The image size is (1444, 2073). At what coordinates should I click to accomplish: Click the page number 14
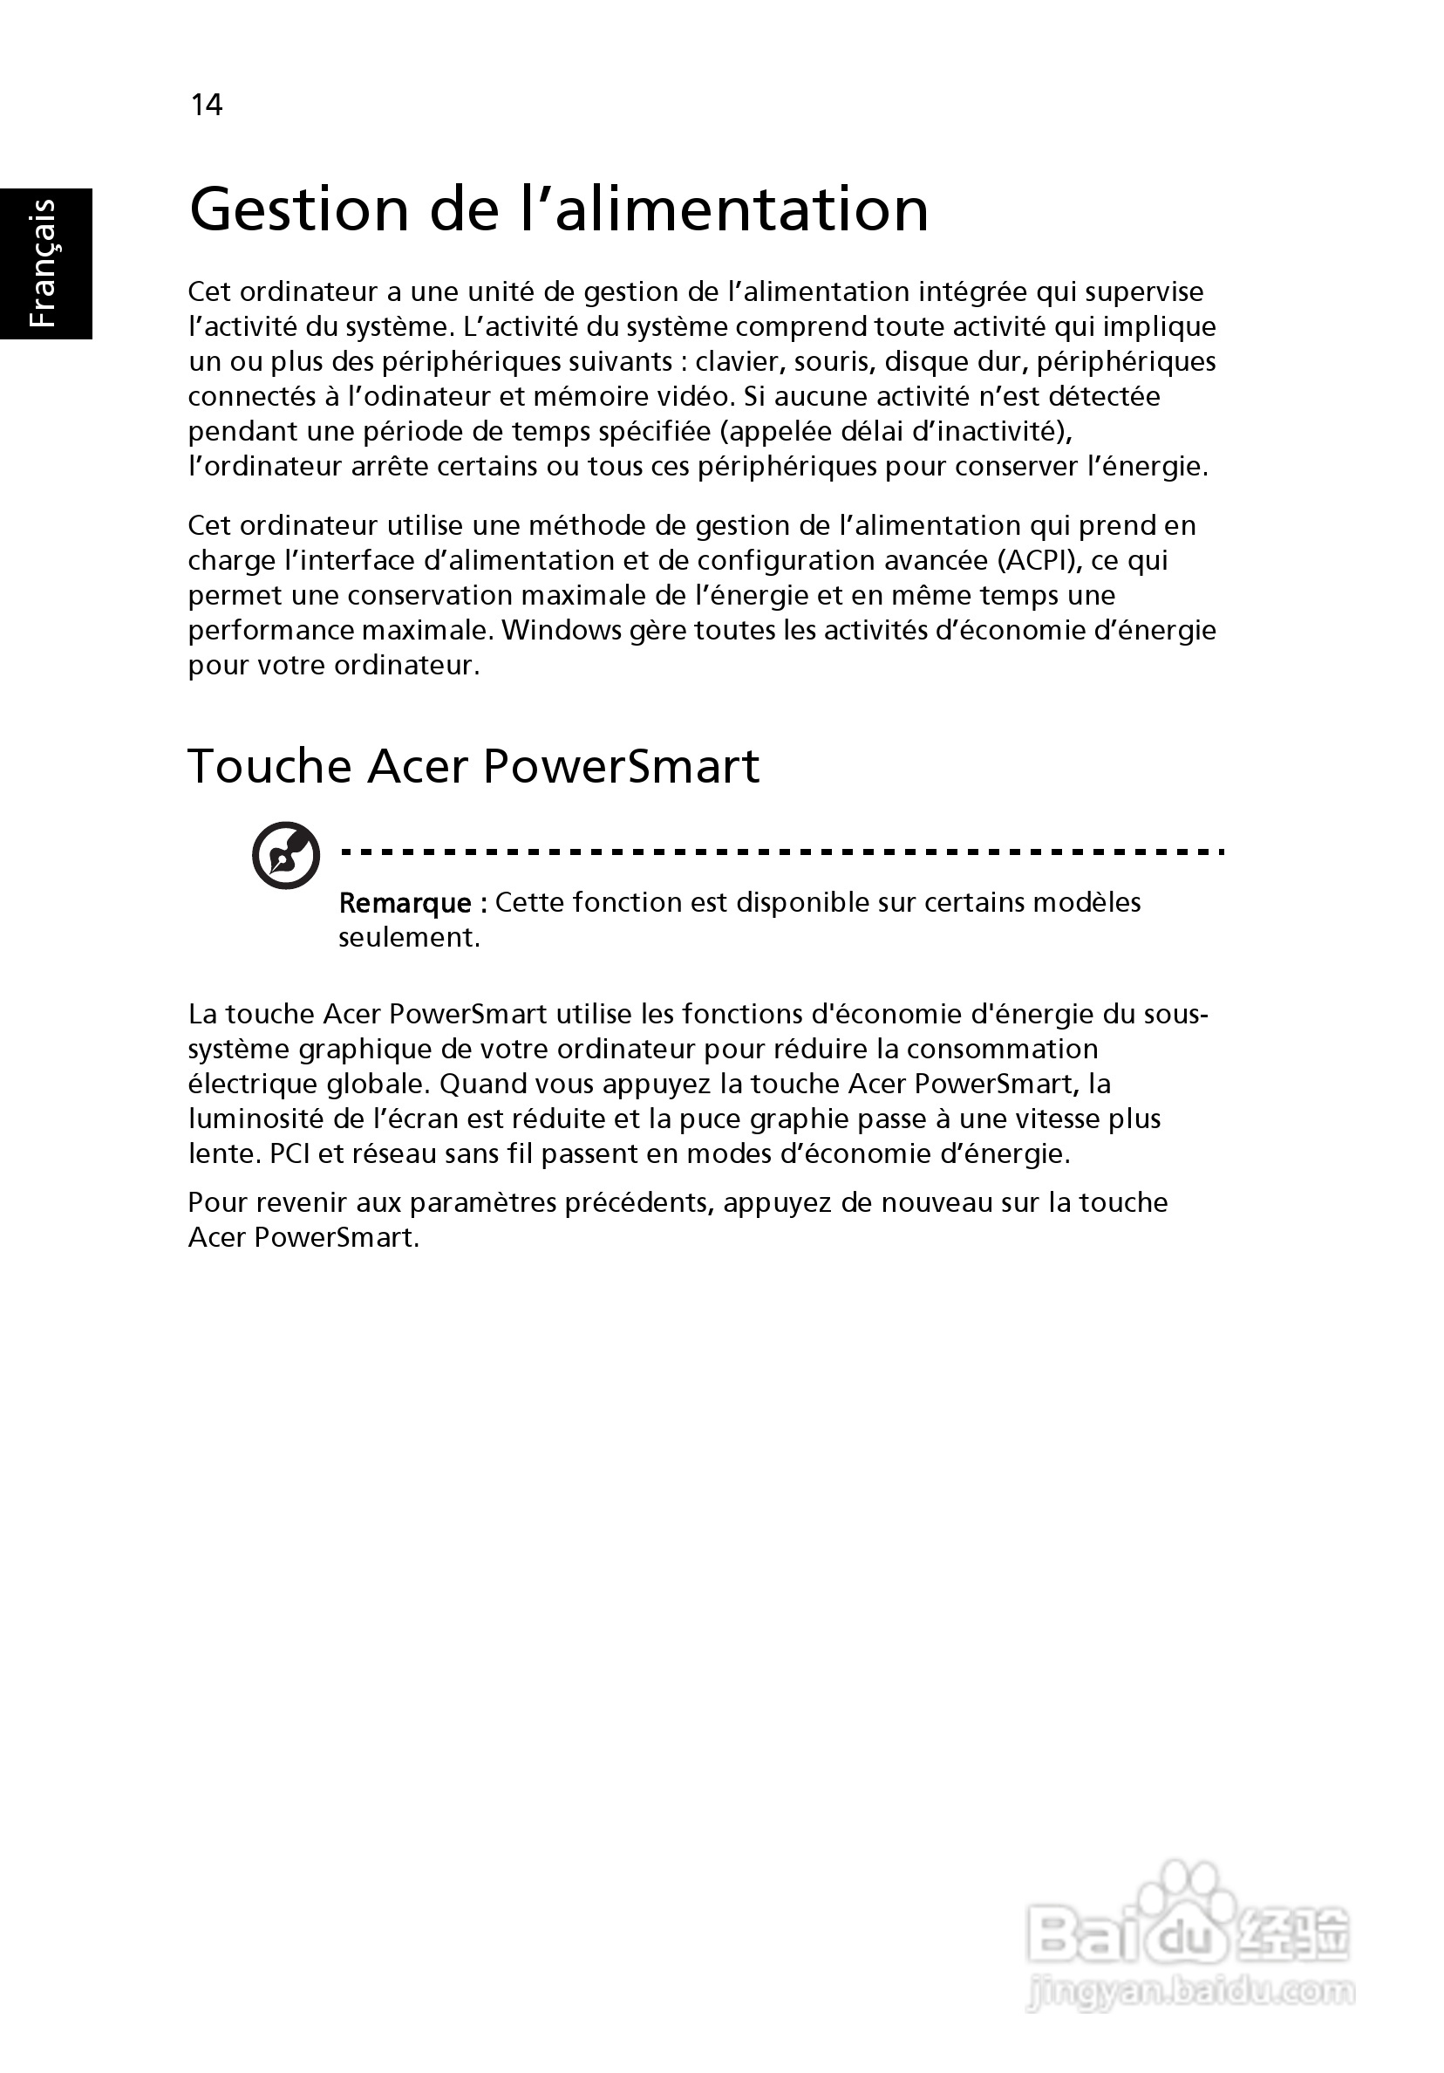[x=206, y=105]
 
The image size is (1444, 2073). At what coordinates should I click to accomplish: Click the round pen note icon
[x=285, y=855]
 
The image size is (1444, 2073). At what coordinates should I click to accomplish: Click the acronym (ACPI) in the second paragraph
[x=1039, y=560]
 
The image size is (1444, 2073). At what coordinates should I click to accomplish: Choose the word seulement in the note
[x=408, y=937]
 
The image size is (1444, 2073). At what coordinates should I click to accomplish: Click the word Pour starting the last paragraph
[x=215, y=1201]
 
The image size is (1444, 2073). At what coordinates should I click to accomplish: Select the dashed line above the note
[x=780, y=851]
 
